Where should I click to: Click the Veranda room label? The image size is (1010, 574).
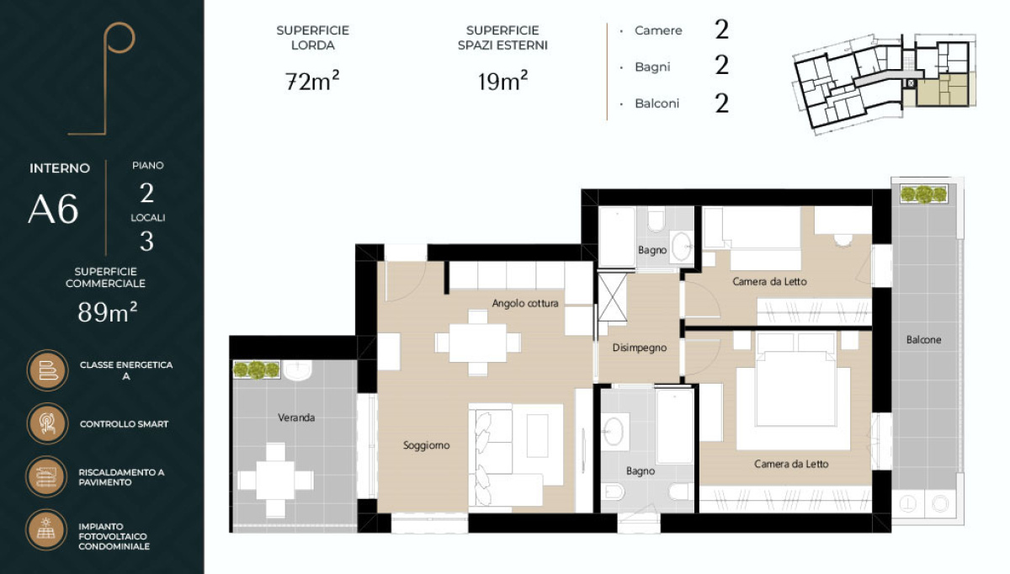(296, 417)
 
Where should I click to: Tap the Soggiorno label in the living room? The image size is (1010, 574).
(426, 445)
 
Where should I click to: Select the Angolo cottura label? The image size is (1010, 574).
(525, 304)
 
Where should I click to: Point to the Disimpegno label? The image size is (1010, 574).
(640, 348)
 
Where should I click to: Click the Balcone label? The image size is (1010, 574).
(923, 339)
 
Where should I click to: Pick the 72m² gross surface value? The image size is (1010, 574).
(312, 81)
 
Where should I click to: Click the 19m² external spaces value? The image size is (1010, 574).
(502, 81)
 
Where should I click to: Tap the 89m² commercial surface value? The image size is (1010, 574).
(108, 312)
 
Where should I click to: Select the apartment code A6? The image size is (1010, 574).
(53, 209)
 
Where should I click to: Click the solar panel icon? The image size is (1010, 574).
(47, 529)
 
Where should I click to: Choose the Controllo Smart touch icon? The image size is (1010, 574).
(47, 423)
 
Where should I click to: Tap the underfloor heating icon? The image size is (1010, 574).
(47, 476)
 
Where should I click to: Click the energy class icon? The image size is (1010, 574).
(47, 370)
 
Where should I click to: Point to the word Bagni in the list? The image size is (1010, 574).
(652, 67)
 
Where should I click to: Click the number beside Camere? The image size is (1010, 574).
(721, 29)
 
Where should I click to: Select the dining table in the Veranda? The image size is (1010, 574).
(275, 480)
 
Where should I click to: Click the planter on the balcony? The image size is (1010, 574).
(924, 194)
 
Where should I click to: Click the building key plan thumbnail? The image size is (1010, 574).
(885, 83)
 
